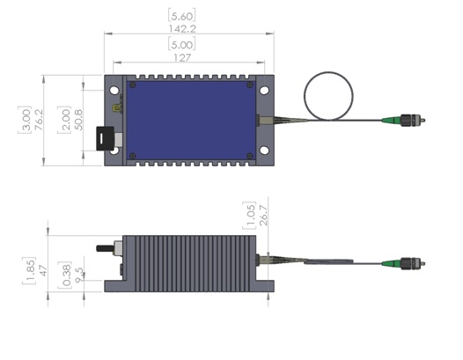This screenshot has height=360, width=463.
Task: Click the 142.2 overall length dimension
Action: click(x=182, y=29)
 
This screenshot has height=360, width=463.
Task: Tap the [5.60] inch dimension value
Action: click(x=182, y=16)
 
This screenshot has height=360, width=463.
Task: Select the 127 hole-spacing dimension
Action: click(x=182, y=57)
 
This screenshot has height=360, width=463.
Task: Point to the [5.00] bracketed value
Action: click(x=182, y=44)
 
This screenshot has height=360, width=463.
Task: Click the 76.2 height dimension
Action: click(x=39, y=120)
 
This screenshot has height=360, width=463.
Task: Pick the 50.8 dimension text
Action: click(x=78, y=120)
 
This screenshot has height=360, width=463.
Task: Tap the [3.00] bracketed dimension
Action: click(x=25, y=120)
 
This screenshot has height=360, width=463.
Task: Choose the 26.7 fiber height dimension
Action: click(x=263, y=216)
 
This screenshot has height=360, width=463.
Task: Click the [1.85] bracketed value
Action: click(x=29, y=271)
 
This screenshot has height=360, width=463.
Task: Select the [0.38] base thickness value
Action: click(x=65, y=276)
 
